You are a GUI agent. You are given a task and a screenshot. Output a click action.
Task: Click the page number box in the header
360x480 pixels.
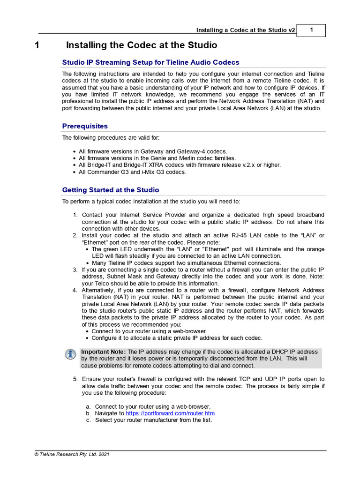click(311, 30)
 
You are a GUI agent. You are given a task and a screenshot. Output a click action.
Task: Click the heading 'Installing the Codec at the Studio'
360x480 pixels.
click(142, 45)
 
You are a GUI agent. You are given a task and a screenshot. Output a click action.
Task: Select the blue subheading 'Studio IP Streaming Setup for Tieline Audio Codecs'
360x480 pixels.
click(150, 62)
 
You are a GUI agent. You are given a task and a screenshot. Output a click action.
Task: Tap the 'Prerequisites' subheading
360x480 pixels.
click(85, 126)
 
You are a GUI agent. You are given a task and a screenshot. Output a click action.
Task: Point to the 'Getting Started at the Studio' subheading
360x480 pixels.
click(111, 190)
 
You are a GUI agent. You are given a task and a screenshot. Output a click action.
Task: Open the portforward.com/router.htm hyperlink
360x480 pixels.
click(170, 413)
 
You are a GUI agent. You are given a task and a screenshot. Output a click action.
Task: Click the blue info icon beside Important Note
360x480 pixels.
click(70, 354)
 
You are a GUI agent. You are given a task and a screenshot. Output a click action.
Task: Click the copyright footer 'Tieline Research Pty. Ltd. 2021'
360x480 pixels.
click(72, 454)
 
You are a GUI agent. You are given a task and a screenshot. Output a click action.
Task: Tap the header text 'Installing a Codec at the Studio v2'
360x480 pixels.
click(246, 30)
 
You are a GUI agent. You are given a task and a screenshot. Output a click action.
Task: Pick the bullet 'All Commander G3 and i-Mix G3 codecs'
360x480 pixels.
click(132, 172)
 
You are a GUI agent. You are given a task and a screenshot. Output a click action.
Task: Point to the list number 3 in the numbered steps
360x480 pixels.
click(75, 270)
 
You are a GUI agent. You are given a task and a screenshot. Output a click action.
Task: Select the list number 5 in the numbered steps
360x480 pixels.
click(75, 379)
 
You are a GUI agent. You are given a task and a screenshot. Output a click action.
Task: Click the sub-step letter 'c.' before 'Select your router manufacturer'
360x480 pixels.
click(88, 420)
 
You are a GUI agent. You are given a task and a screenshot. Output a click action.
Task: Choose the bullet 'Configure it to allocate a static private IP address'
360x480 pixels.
click(177, 338)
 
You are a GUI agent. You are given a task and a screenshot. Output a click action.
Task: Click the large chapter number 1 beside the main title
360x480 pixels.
click(37, 45)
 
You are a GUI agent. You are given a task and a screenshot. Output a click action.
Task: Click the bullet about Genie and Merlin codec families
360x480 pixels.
click(157, 158)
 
